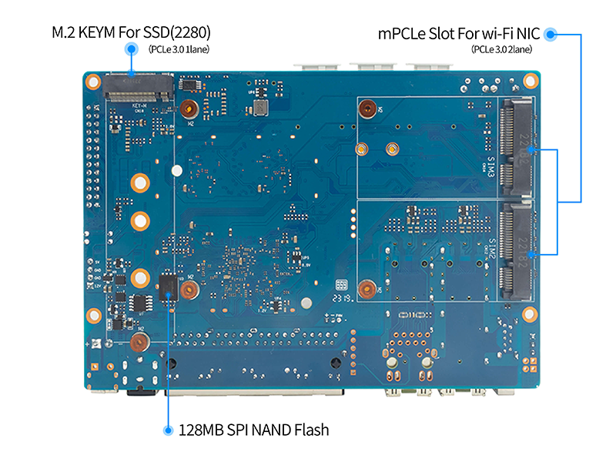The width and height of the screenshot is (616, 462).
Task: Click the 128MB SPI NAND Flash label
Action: coord(253,430)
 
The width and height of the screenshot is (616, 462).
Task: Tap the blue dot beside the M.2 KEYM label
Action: coord(129,49)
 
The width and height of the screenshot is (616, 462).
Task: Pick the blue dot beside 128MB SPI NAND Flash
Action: coord(167,430)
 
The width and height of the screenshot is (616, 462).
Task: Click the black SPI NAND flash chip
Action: coord(168,284)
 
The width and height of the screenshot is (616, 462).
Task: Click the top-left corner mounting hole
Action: coord(93,81)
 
